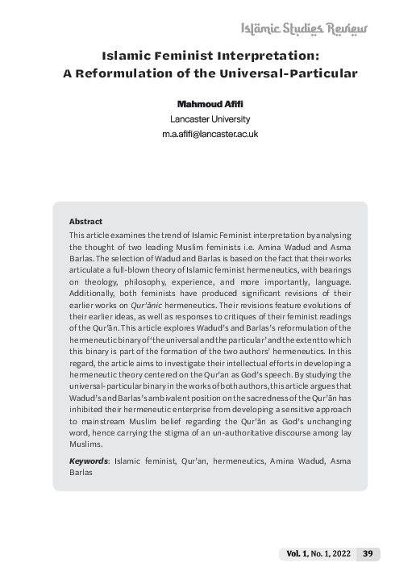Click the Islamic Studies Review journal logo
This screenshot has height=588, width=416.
click(x=304, y=29)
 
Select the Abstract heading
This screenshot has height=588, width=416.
click(x=85, y=221)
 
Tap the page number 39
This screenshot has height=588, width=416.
click(x=367, y=553)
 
